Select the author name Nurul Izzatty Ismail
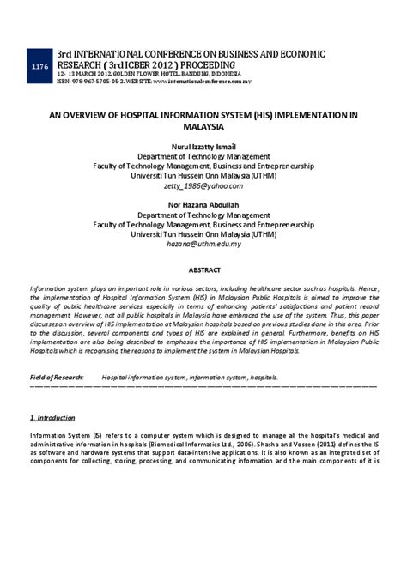point(203,146)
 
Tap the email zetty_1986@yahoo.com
point(203,185)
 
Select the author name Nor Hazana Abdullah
point(203,205)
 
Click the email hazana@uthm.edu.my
point(203,244)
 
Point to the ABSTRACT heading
point(203,270)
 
